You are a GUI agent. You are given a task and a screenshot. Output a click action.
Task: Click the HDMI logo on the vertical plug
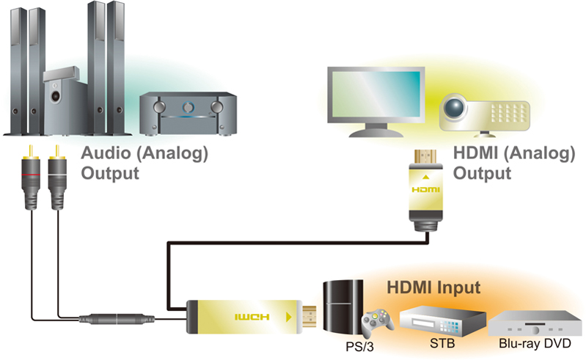click(x=426, y=189)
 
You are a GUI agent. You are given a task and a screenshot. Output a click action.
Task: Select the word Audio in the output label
click(x=107, y=154)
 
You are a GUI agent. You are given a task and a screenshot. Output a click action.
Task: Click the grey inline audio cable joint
click(x=117, y=320)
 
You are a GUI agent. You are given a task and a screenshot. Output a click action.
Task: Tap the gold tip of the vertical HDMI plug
click(x=425, y=156)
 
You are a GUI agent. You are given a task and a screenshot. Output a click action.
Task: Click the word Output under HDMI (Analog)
click(x=483, y=174)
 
